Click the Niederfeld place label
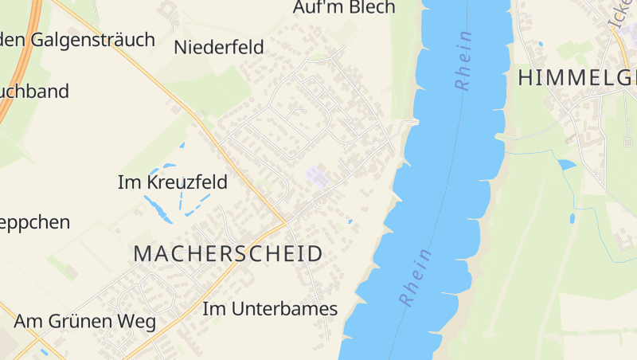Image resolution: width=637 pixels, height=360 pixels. (x=218, y=47)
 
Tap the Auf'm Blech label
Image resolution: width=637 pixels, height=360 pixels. (x=344, y=8)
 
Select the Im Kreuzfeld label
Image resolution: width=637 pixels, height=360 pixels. (x=172, y=182)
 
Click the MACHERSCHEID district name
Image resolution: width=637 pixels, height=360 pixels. (x=228, y=254)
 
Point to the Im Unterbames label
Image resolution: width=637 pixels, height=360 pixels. (x=270, y=309)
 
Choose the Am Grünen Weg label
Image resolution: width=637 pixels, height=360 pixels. (x=84, y=322)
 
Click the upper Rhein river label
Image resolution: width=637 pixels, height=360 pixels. (x=463, y=61)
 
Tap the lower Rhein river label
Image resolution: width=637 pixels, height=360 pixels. (x=416, y=278)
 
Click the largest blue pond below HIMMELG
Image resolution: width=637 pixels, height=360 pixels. (x=566, y=165)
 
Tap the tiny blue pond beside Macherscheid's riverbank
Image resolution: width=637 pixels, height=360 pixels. (x=349, y=221)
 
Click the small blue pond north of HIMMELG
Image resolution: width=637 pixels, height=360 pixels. (x=540, y=44)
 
